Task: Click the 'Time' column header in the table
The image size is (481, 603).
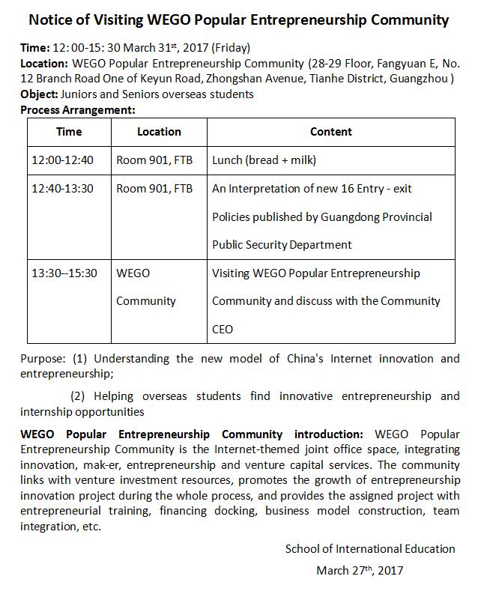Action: click(x=69, y=132)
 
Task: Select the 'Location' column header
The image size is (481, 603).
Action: click(x=159, y=132)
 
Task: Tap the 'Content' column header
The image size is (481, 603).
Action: click(x=330, y=132)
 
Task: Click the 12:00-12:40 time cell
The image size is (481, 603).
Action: click(x=63, y=160)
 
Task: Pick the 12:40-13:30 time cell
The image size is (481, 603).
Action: click(x=63, y=189)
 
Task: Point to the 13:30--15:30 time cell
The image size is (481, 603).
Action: click(x=64, y=273)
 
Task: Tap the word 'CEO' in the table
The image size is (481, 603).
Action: click(x=223, y=329)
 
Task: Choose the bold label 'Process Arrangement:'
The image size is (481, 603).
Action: click(x=78, y=109)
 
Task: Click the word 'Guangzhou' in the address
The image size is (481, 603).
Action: click(x=422, y=79)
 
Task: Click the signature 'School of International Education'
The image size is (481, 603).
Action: click(x=370, y=549)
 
